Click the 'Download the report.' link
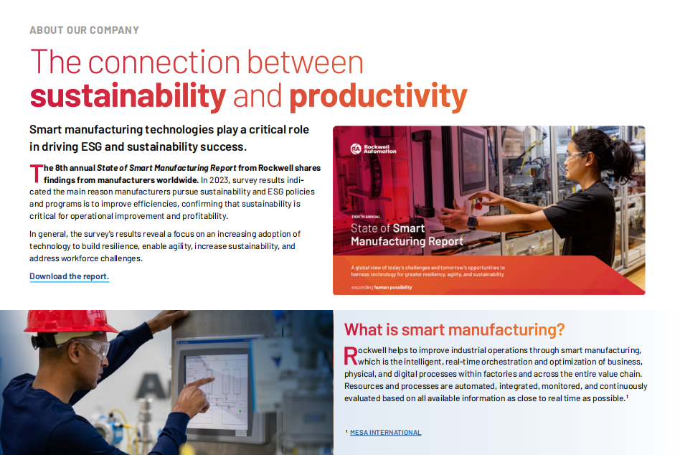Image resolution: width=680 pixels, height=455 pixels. click(x=70, y=276)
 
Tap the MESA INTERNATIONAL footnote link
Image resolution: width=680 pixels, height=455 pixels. click(x=385, y=433)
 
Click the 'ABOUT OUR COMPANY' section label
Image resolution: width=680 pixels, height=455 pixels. click(x=84, y=30)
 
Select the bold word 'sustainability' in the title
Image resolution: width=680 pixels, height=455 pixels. click(x=128, y=96)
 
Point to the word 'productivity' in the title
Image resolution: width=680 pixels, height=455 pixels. click(x=378, y=97)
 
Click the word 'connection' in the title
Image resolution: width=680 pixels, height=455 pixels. click(x=164, y=62)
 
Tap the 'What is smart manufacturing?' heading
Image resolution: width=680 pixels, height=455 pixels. click(x=454, y=329)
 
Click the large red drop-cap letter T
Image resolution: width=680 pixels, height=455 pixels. click(x=37, y=174)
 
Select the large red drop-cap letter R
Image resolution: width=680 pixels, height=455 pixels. click(x=351, y=356)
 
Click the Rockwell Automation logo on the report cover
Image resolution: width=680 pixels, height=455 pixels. click(x=373, y=149)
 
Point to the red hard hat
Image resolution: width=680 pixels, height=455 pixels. click(x=70, y=322)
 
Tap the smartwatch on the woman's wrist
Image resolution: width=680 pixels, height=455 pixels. click(x=472, y=222)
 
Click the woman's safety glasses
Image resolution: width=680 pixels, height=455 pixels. click(x=573, y=155)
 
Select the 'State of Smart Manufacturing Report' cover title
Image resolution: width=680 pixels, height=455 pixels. click(x=407, y=235)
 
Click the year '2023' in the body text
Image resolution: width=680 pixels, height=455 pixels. click(x=219, y=180)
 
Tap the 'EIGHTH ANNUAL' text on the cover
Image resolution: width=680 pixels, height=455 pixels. click(x=366, y=217)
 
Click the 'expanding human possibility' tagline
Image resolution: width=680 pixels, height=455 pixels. click(x=382, y=287)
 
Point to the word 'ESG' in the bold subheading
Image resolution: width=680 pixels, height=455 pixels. click(x=92, y=146)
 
